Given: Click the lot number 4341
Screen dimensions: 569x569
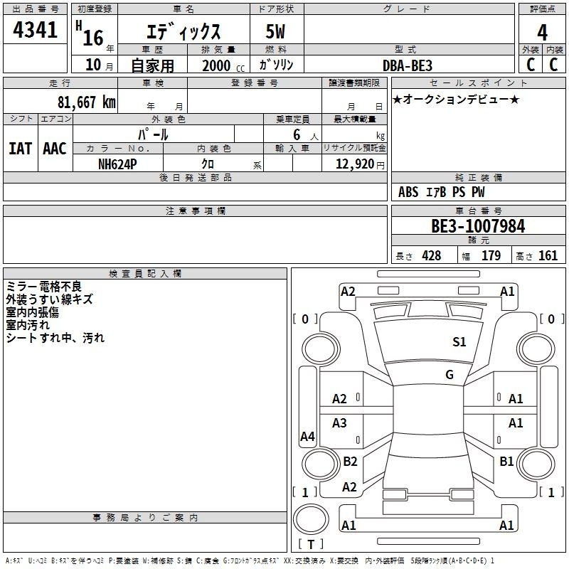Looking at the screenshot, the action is (x=35, y=30).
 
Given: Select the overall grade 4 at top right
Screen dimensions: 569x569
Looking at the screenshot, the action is (x=542, y=33).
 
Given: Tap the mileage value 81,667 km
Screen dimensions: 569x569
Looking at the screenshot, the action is (x=86, y=102).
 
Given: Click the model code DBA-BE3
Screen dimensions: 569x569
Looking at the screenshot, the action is (x=408, y=65).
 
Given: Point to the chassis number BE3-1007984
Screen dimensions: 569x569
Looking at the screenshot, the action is (x=478, y=226).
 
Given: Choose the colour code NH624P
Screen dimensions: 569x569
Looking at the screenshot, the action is (x=117, y=164).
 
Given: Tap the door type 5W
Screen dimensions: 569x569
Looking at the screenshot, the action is (x=275, y=31).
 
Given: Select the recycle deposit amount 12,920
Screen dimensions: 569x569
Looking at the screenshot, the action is (x=355, y=164).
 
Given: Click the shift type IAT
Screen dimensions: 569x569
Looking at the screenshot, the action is (x=21, y=149).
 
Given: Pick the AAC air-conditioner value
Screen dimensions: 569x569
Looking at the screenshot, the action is (x=55, y=149).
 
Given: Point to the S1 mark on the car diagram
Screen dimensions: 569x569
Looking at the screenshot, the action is (x=459, y=341).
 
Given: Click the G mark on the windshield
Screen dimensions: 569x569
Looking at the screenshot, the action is (x=450, y=375).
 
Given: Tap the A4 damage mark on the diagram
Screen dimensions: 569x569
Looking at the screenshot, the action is (x=307, y=436).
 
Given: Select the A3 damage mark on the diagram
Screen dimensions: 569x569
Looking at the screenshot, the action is (x=339, y=422).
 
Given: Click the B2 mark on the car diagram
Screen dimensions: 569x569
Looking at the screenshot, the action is (x=350, y=461).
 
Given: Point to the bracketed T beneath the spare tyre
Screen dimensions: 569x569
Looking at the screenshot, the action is (x=311, y=544).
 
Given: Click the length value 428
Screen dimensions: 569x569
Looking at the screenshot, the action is (x=432, y=255).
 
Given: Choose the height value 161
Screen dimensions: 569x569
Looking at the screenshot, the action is (x=548, y=255).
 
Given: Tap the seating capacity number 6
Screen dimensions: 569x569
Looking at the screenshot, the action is (x=297, y=134).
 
